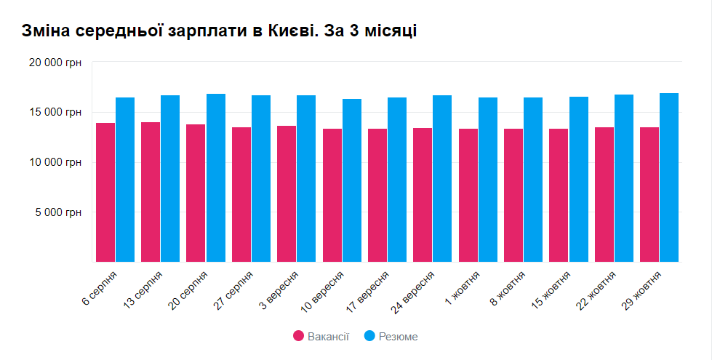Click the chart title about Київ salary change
click(x=219, y=31)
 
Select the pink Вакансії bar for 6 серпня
click(x=105, y=193)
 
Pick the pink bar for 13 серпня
click(x=151, y=192)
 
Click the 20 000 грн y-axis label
click(x=55, y=63)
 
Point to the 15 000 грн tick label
click(x=55, y=113)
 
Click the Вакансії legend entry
click(x=321, y=336)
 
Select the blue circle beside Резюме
click(x=369, y=336)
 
